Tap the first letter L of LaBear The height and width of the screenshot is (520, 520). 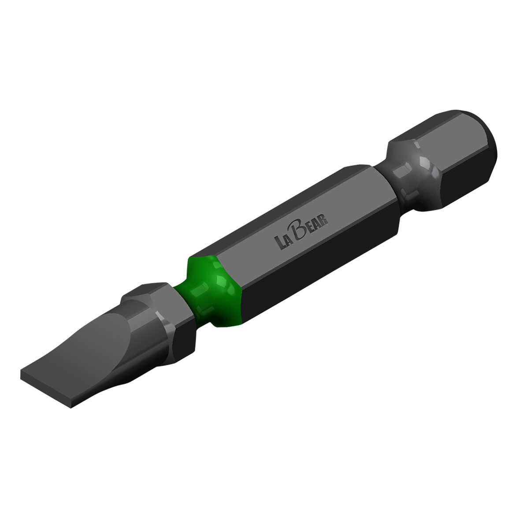[279, 243]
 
